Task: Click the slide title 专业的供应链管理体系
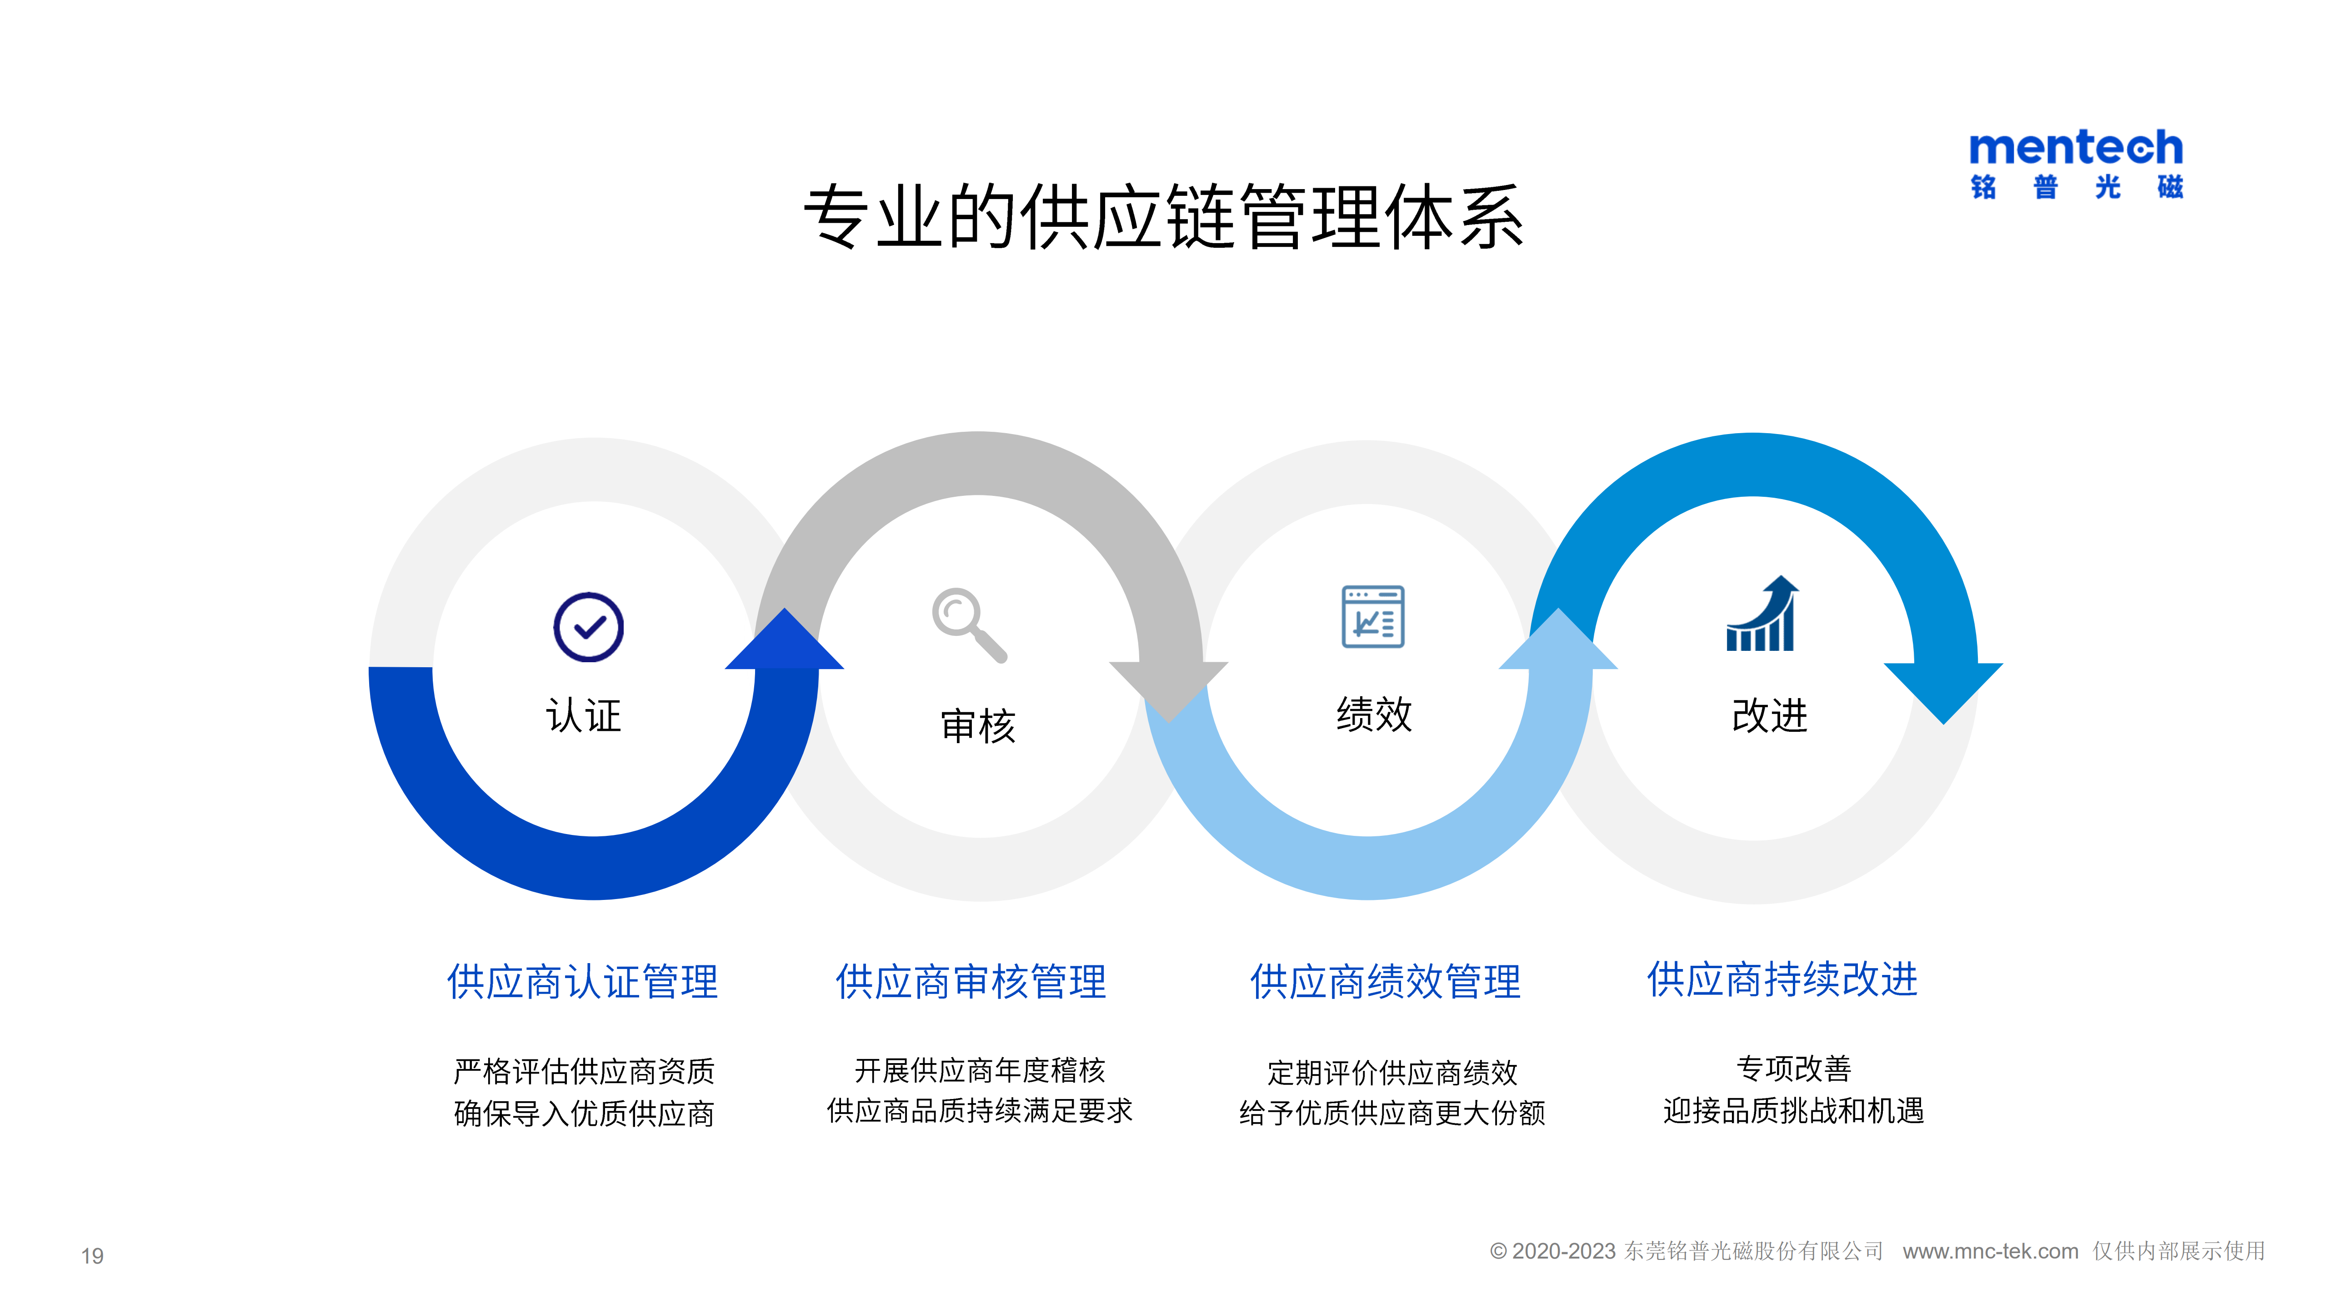coord(1164,217)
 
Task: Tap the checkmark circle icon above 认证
coord(588,627)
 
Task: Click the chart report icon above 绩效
coord(1373,616)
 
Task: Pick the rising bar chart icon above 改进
coord(1762,614)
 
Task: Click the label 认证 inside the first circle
coord(584,715)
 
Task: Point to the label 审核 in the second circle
coord(978,725)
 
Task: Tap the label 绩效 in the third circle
coord(1374,714)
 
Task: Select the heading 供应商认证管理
coord(583,982)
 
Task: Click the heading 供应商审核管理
coord(971,982)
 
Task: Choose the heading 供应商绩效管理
coord(1386,982)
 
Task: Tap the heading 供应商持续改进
coord(1782,979)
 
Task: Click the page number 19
coord(92,1256)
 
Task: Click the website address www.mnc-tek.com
coord(1990,1251)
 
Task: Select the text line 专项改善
coord(1794,1069)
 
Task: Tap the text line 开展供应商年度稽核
coord(980,1070)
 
